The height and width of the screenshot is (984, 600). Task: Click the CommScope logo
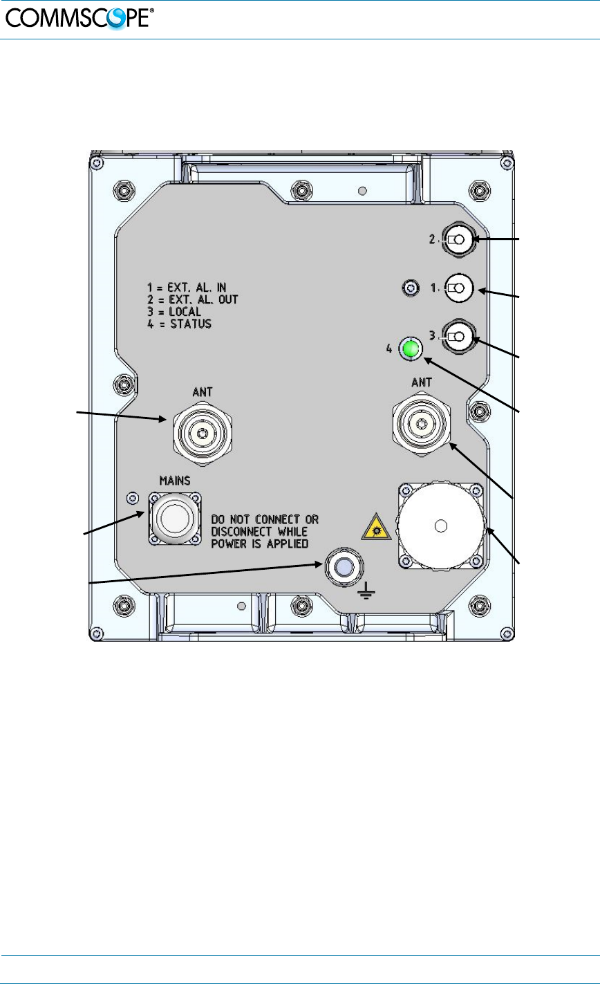tap(79, 19)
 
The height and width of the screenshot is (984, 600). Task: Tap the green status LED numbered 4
tap(410, 349)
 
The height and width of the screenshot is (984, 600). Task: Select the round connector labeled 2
tap(459, 239)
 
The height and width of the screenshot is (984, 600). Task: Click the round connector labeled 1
tap(459, 288)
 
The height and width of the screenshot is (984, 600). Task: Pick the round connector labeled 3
tap(459, 337)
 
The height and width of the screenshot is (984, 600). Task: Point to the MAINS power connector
tap(175, 519)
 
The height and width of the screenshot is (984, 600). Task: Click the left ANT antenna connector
tap(203, 433)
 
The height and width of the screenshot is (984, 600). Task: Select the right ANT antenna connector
tap(422, 424)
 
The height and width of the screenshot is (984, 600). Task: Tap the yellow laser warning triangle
tap(376, 527)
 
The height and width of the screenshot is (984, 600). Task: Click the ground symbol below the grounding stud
tap(366, 591)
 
